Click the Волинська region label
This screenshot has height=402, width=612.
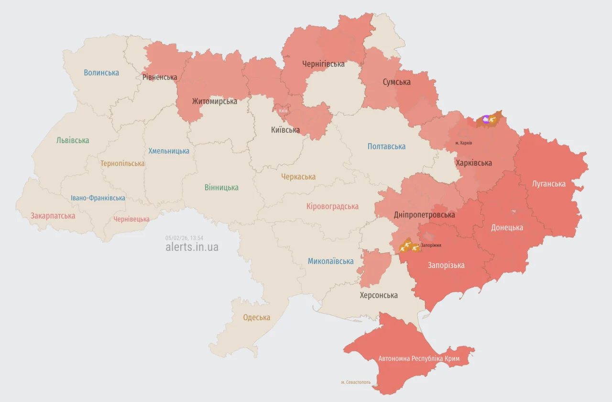tap(101, 73)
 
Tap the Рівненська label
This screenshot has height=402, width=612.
tap(160, 77)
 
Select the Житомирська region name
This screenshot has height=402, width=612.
tap(215, 101)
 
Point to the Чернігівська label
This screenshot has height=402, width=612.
tap(323, 64)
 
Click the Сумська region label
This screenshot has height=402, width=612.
tap(396, 82)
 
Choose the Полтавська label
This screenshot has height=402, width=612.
tap(386, 146)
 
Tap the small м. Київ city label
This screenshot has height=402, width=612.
tap(281, 111)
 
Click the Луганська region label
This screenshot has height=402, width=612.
tap(549, 184)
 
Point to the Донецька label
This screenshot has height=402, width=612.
tap(507, 227)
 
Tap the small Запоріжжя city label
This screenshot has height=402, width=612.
tap(431, 245)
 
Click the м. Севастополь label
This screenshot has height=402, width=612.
tap(356, 382)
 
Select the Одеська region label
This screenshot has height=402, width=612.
tap(256, 317)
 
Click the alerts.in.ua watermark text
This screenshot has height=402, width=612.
tap(192, 247)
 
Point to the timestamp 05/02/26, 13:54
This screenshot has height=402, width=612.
tap(185, 238)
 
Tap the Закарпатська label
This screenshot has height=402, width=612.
tap(53, 216)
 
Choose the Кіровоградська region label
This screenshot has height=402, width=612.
tap(332, 206)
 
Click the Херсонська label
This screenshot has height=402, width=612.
tap(379, 295)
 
